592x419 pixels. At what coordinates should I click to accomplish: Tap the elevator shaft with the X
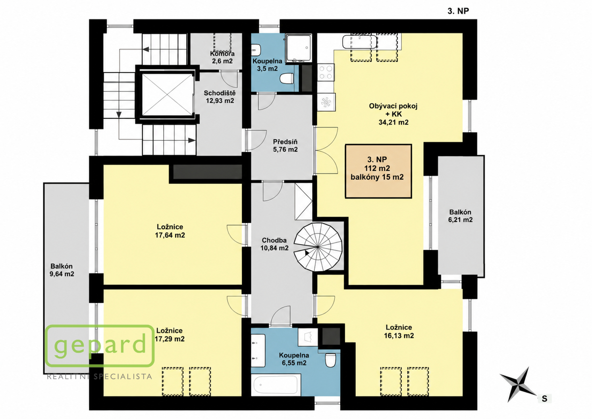point(167,95)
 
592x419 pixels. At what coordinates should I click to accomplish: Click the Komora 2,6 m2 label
point(222,57)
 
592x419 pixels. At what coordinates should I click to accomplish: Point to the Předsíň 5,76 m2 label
point(285,146)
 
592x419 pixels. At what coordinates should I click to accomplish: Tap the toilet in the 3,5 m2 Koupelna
point(287,79)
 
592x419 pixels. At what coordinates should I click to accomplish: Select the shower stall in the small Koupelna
point(299,48)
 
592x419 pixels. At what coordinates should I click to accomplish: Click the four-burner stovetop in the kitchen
point(326,72)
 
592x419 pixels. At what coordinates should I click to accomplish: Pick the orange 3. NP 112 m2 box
point(378,171)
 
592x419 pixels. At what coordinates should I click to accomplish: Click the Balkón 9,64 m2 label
point(62,270)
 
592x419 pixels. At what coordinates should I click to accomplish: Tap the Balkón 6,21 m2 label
point(461,216)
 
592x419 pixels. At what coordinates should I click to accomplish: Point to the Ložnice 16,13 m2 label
point(399,332)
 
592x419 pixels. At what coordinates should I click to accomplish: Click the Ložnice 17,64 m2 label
point(170,231)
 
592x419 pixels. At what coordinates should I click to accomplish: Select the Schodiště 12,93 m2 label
point(220,97)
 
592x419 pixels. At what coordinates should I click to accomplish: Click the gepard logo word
point(100,345)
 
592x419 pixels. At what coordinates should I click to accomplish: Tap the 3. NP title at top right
point(458,11)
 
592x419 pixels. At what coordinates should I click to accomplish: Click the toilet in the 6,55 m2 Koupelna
point(330,360)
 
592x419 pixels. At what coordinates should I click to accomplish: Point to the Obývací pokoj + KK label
point(393,114)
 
